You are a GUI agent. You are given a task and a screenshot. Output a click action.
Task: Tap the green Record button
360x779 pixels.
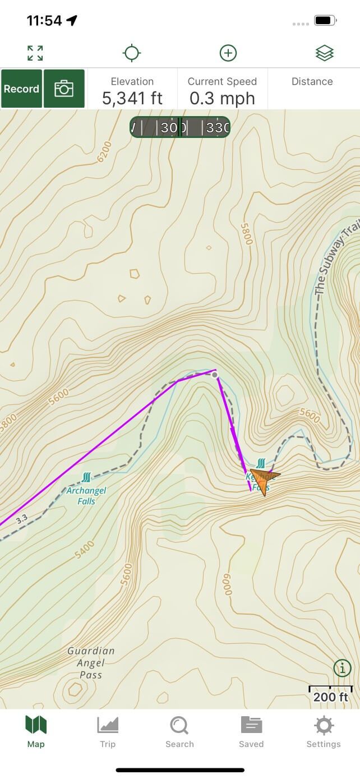tap(21, 89)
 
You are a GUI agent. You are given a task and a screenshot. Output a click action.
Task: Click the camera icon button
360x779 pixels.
tap(64, 89)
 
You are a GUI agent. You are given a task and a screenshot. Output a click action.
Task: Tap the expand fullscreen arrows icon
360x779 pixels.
tap(35, 53)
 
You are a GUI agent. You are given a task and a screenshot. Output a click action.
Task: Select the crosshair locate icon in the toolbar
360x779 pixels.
tap(131, 53)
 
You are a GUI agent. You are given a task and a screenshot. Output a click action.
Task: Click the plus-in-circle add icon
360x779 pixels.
tap(228, 53)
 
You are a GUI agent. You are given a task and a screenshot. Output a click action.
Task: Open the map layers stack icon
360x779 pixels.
tap(324, 53)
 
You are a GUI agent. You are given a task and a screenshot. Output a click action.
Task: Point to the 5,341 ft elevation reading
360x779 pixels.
tap(132, 99)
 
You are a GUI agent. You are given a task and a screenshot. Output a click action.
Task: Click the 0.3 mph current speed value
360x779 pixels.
tap(222, 99)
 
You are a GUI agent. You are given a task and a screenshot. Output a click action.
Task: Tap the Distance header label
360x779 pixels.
tap(312, 82)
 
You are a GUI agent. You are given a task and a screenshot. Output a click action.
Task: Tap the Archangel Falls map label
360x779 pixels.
tap(86, 496)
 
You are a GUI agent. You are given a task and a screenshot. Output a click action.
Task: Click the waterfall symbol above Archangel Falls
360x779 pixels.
tap(86, 477)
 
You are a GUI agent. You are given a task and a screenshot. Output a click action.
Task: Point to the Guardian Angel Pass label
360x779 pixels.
tap(91, 663)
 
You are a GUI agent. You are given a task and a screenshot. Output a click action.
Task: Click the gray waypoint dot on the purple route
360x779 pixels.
tap(215, 375)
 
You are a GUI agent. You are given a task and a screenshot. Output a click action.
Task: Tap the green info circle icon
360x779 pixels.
tap(342, 668)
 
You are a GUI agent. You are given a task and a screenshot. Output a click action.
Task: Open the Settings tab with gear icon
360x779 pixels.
tap(324, 732)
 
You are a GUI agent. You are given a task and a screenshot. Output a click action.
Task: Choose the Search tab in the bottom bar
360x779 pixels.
tap(179, 732)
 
